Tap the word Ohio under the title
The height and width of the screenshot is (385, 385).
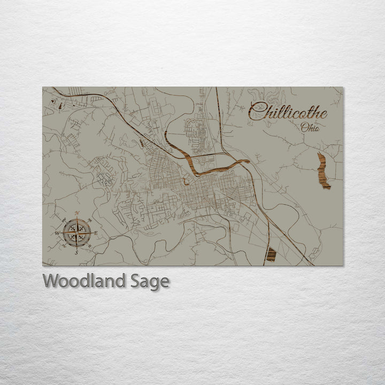click(x=310, y=127)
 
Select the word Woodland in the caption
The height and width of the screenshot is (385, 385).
click(x=84, y=281)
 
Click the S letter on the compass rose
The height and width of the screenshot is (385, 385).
click(x=76, y=252)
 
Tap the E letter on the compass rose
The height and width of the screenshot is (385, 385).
click(x=96, y=233)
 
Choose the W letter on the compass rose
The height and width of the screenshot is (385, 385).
click(x=57, y=234)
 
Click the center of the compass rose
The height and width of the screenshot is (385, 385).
click(x=76, y=233)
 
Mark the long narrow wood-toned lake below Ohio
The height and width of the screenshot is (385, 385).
click(x=323, y=171)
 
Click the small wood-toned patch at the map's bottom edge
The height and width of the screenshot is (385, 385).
click(x=271, y=255)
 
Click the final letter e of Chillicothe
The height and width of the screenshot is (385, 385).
click(x=323, y=113)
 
